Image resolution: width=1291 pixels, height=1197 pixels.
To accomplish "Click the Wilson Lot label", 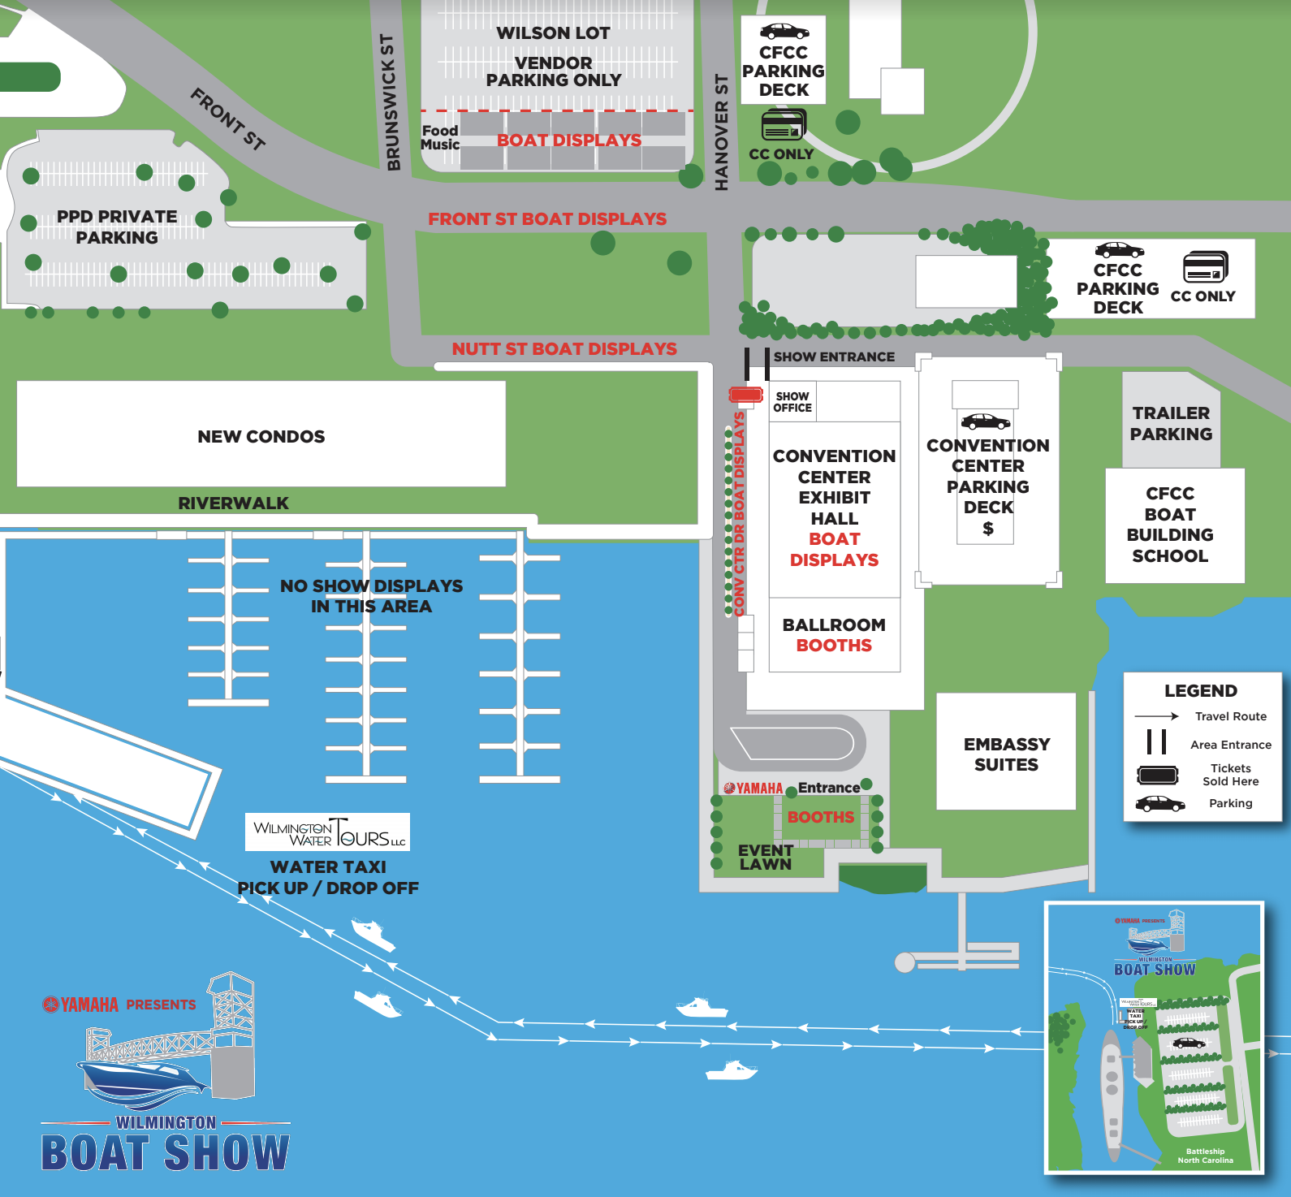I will tap(553, 33).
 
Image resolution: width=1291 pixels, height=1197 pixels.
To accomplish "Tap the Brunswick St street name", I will tap(391, 102).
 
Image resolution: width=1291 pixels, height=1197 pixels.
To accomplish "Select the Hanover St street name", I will tap(721, 132).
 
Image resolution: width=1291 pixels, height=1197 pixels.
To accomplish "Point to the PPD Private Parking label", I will tap(117, 227).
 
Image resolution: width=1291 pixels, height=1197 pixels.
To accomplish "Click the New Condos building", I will tap(261, 435).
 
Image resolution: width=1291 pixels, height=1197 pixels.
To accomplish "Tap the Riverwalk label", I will tap(233, 503).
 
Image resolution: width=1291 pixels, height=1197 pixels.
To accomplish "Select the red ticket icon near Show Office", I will tap(745, 395).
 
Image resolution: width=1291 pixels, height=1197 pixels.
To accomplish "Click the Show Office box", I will tap(792, 402).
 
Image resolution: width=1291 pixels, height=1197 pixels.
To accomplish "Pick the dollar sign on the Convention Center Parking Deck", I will tap(987, 529).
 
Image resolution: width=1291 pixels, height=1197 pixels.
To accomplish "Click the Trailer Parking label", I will tap(1170, 423).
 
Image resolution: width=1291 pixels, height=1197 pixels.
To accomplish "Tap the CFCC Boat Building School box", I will tap(1170, 525).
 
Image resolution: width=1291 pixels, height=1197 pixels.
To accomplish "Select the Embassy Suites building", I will tap(1006, 754).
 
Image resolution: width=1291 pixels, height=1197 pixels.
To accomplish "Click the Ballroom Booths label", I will tap(834, 635).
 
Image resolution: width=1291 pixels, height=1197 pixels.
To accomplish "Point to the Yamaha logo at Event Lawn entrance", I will tap(753, 789).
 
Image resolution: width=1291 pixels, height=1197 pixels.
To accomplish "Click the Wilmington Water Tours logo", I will tap(328, 832).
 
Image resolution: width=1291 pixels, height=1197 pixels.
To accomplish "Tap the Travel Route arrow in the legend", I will tap(1156, 716).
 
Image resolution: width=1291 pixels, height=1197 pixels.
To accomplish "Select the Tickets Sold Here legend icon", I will tap(1157, 775).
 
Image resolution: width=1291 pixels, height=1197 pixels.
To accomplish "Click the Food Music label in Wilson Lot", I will tap(440, 137).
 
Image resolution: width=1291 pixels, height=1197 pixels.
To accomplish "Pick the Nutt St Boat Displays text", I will tap(564, 349).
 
